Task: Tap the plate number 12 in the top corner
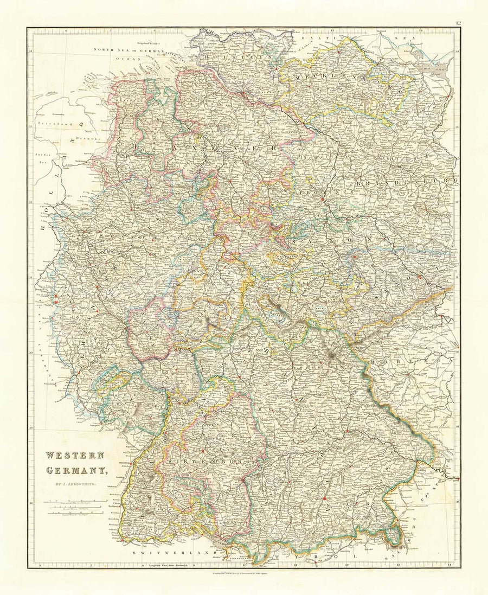point(458,23)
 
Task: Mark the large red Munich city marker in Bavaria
point(324,499)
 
